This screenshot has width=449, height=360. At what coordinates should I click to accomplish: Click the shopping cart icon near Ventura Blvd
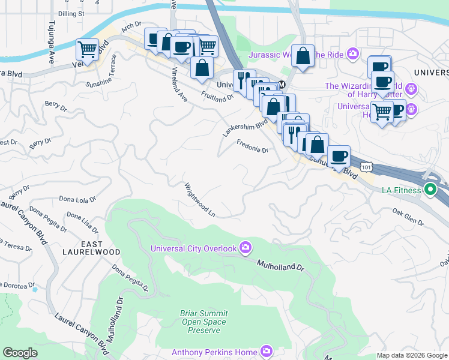pos(88,50)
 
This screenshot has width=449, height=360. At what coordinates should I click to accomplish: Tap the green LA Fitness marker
pos(430,191)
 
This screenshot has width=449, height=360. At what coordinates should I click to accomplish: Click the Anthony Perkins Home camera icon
pos(266,352)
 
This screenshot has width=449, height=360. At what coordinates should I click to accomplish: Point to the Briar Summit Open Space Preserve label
pos(203,322)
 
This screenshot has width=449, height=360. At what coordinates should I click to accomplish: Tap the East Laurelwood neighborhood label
pos(100,247)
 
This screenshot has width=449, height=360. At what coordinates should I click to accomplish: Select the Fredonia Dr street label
pos(252,146)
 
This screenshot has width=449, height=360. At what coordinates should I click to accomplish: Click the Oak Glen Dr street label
pos(409,217)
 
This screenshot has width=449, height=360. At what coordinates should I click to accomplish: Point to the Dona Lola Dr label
pos(78,198)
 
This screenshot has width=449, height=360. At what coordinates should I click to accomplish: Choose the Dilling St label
pos(71,12)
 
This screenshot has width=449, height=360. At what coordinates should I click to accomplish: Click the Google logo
pos(20,353)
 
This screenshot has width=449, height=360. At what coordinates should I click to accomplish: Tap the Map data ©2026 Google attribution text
pos(411,355)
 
